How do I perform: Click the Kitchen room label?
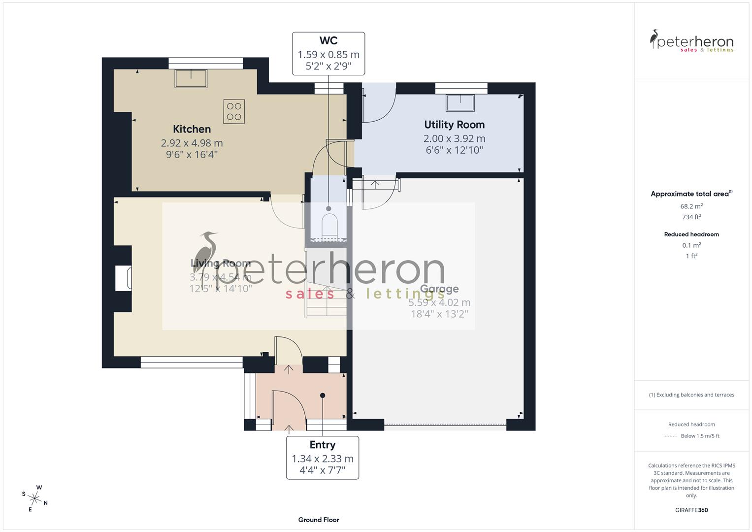coord(192,129)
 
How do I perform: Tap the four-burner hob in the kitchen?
coord(234,111)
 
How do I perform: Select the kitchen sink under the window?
coord(191,78)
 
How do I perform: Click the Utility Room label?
coord(454,125)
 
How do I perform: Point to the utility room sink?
coord(460,102)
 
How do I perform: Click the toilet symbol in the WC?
coord(328,226)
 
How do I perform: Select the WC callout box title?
coord(328,41)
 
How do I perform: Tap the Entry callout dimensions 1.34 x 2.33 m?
coord(322,459)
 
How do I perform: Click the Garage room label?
coord(439,289)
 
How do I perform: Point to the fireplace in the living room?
coord(124,278)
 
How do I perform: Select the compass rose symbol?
coord(35,498)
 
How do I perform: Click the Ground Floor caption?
coord(318,520)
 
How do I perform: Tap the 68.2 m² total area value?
coord(691,206)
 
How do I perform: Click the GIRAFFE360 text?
coord(691,510)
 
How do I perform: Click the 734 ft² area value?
coord(691,217)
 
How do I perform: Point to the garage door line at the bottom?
coord(445,424)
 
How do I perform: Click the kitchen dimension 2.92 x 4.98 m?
coord(192,143)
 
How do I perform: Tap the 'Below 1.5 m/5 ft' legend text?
coord(700,436)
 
